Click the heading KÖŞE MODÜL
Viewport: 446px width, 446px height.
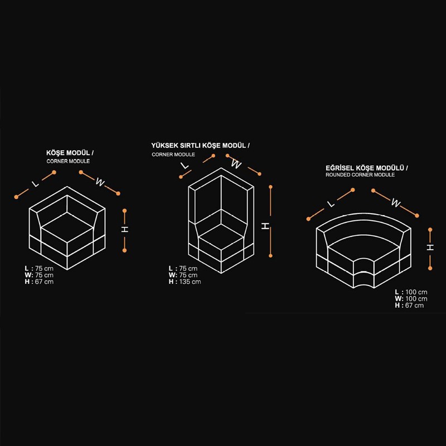point(68,153)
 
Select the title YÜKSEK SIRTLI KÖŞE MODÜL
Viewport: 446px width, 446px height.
point(198,146)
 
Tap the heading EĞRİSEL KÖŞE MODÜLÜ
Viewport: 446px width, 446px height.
point(365,168)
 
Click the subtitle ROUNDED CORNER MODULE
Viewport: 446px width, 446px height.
point(360,175)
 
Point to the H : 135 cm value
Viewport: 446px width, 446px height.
point(185,282)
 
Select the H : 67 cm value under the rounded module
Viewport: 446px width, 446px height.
point(409,306)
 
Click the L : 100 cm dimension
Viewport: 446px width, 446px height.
point(411,292)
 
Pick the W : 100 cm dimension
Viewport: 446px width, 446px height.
point(411,299)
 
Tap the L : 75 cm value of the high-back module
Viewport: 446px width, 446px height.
point(183,269)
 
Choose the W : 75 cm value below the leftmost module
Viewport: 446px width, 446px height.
point(39,275)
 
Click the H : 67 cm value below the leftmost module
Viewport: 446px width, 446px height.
point(39,282)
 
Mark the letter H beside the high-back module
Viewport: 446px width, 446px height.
point(265,226)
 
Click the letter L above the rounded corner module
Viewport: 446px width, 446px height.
point(331,204)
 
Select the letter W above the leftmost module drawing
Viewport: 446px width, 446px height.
point(100,182)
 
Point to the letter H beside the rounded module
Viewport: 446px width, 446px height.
point(430,248)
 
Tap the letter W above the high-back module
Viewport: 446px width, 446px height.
point(236,164)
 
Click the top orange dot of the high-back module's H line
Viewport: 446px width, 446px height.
point(270,187)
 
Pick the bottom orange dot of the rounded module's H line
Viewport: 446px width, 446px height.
point(430,268)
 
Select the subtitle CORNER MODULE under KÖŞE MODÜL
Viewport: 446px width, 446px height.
point(68,161)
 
